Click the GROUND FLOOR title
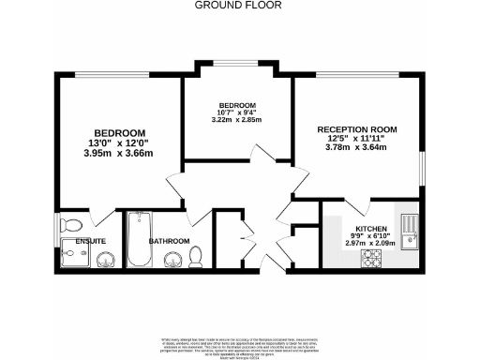[x=239, y=5]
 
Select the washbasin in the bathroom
[x=171, y=260]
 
